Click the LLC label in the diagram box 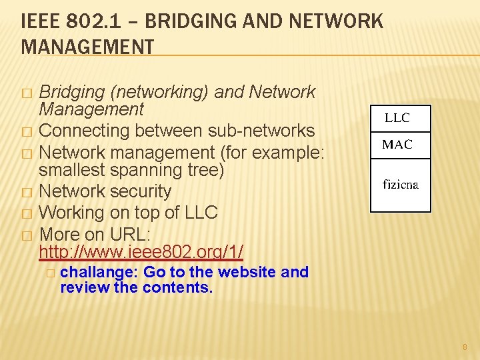[x=397, y=119]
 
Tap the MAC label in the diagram [x=397, y=145]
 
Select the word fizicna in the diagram [x=401, y=185]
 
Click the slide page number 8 [x=465, y=347]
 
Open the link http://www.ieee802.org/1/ [x=141, y=252]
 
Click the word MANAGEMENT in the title [x=87, y=47]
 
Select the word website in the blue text [x=247, y=272]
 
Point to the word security [x=141, y=192]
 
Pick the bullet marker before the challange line [x=51, y=273]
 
